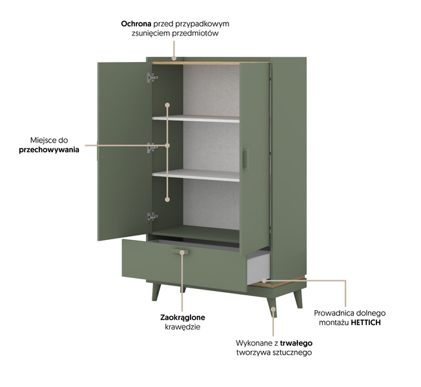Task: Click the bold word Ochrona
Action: click(x=136, y=24)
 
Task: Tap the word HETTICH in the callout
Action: click(x=365, y=322)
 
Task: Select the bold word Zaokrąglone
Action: click(x=183, y=317)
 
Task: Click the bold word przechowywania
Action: click(x=49, y=150)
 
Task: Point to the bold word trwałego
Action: click(x=296, y=343)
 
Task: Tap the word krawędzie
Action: click(x=183, y=327)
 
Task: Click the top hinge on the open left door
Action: click(x=152, y=77)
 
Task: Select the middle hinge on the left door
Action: click(x=152, y=148)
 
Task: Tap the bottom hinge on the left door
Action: click(x=152, y=217)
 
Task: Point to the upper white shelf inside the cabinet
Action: click(x=196, y=119)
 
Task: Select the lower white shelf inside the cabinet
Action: click(x=196, y=175)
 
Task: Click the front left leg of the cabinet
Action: click(x=156, y=292)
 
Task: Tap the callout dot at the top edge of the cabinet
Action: click(x=174, y=58)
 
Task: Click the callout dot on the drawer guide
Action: click(x=264, y=281)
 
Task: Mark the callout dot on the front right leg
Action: click(x=273, y=309)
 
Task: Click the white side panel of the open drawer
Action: click(x=258, y=268)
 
